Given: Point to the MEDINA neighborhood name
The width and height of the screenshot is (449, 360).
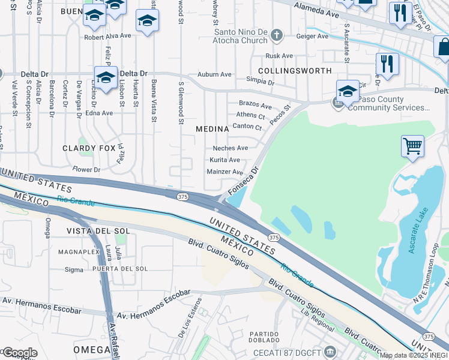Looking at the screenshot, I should tap(212, 129).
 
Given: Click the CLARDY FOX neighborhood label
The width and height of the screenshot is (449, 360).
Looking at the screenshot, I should tap(88, 148).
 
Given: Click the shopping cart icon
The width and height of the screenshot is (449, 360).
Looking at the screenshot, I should tap(412, 146).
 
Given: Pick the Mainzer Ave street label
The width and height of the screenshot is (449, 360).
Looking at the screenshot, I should tap(224, 172).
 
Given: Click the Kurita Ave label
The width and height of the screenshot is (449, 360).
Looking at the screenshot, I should tap(224, 160).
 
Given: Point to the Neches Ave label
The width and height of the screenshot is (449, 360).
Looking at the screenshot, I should tap(230, 148).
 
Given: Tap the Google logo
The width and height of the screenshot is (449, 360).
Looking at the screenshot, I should tap(19, 353).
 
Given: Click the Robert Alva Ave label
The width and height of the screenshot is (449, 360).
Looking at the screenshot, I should tap(107, 36).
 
